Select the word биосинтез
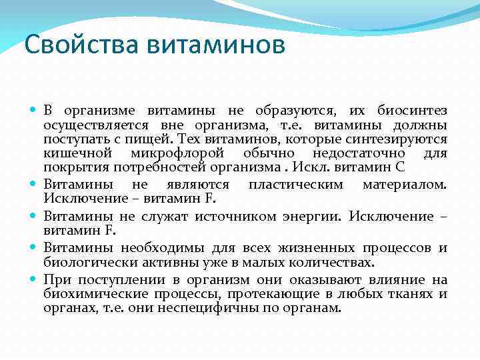click(412, 111)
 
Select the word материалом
click(405, 184)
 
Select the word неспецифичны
click(224, 308)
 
